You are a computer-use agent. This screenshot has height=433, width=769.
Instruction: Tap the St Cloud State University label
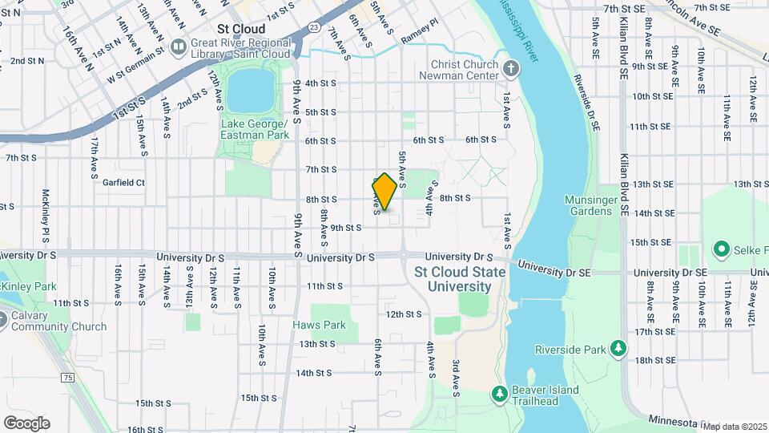(460, 279)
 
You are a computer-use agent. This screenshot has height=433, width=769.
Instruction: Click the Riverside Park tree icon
(618, 347)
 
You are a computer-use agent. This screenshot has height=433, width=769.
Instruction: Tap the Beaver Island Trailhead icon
(498, 394)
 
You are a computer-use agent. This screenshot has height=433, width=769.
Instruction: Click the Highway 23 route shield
(313, 27)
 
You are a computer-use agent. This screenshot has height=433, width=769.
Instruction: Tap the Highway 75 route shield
(66, 378)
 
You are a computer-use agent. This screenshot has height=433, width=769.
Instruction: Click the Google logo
(26, 423)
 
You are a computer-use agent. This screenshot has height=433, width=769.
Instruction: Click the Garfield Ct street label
(123, 182)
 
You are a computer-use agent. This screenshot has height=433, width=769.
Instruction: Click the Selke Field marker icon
(720, 249)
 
